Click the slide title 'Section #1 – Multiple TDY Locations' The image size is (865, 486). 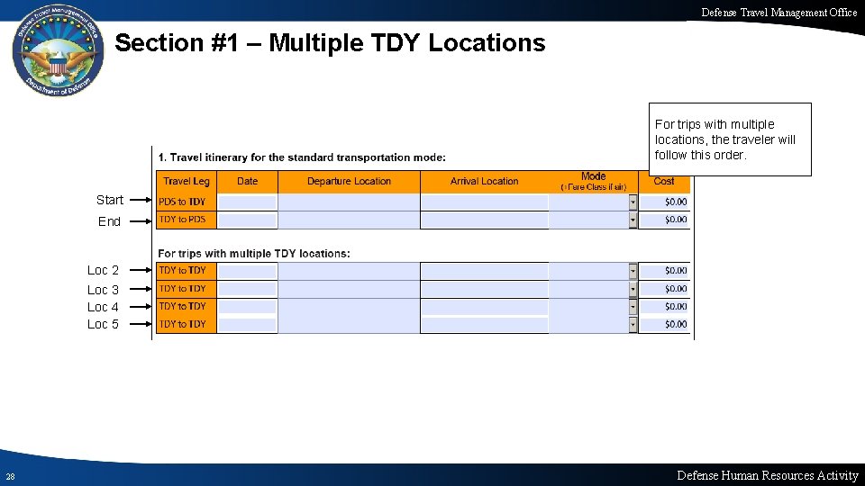[x=330, y=43]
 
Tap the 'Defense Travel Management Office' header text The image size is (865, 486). [x=779, y=12]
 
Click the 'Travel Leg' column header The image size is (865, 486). [x=187, y=182]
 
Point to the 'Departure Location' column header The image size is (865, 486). [x=349, y=182]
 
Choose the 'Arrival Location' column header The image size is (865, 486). [x=485, y=182]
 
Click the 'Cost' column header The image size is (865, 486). [x=664, y=182]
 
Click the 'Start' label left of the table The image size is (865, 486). [x=110, y=200]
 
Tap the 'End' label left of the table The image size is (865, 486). [x=109, y=221]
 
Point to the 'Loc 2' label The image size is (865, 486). [x=103, y=270]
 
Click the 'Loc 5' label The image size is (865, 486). [x=103, y=324]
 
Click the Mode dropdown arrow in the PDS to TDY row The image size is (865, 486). [x=633, y=202]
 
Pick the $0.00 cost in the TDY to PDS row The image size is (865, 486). [x=675, y=220]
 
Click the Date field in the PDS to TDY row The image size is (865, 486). [x=248, y=202]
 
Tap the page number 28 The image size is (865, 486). [x=9, y=476]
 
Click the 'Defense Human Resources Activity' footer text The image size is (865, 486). [x=768, y=475]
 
